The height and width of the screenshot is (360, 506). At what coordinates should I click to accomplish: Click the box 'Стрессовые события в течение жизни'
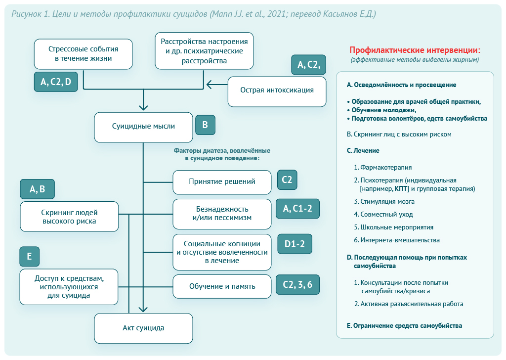click(x=83, y=54)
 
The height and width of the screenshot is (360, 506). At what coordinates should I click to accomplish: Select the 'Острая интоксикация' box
click(x=277, y=91)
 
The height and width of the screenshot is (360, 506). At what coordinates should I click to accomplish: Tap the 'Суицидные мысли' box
click(x=143, y=127)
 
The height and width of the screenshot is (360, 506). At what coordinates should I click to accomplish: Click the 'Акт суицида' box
click(x=143, y=328)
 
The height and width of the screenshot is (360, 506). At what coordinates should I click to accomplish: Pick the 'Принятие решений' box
click(x=222, y=182)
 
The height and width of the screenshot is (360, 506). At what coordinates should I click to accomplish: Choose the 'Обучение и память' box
click(x=222, y=286)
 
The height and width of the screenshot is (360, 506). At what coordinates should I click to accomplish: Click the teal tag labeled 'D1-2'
click(x=295, y=244)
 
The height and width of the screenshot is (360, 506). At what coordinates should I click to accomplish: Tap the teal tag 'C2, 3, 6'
click(x=297, y=284)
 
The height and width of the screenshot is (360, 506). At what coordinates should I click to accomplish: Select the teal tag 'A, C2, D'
click(x=56, y=82)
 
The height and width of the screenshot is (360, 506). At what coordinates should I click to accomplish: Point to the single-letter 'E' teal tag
click(x=29, y=256)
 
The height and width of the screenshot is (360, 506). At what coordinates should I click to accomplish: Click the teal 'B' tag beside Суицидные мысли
click(x=205, y=125)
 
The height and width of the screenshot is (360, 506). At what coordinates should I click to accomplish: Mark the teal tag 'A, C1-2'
click(x=297, y=209)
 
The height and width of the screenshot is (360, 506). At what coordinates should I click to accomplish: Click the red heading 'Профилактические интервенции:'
click(x=415, y=50)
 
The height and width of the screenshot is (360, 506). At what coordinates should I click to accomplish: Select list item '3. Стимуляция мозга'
click(x=384, y=201)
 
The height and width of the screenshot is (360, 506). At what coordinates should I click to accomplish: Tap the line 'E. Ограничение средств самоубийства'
click(x=404, y=326)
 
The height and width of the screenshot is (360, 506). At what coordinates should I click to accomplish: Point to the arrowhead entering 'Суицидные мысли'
click(x=143, y=107)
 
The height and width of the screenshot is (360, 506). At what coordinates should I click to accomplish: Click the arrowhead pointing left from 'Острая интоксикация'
click(x=210, y=85)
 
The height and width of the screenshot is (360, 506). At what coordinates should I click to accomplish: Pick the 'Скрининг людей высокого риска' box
click(x=69, y=217)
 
